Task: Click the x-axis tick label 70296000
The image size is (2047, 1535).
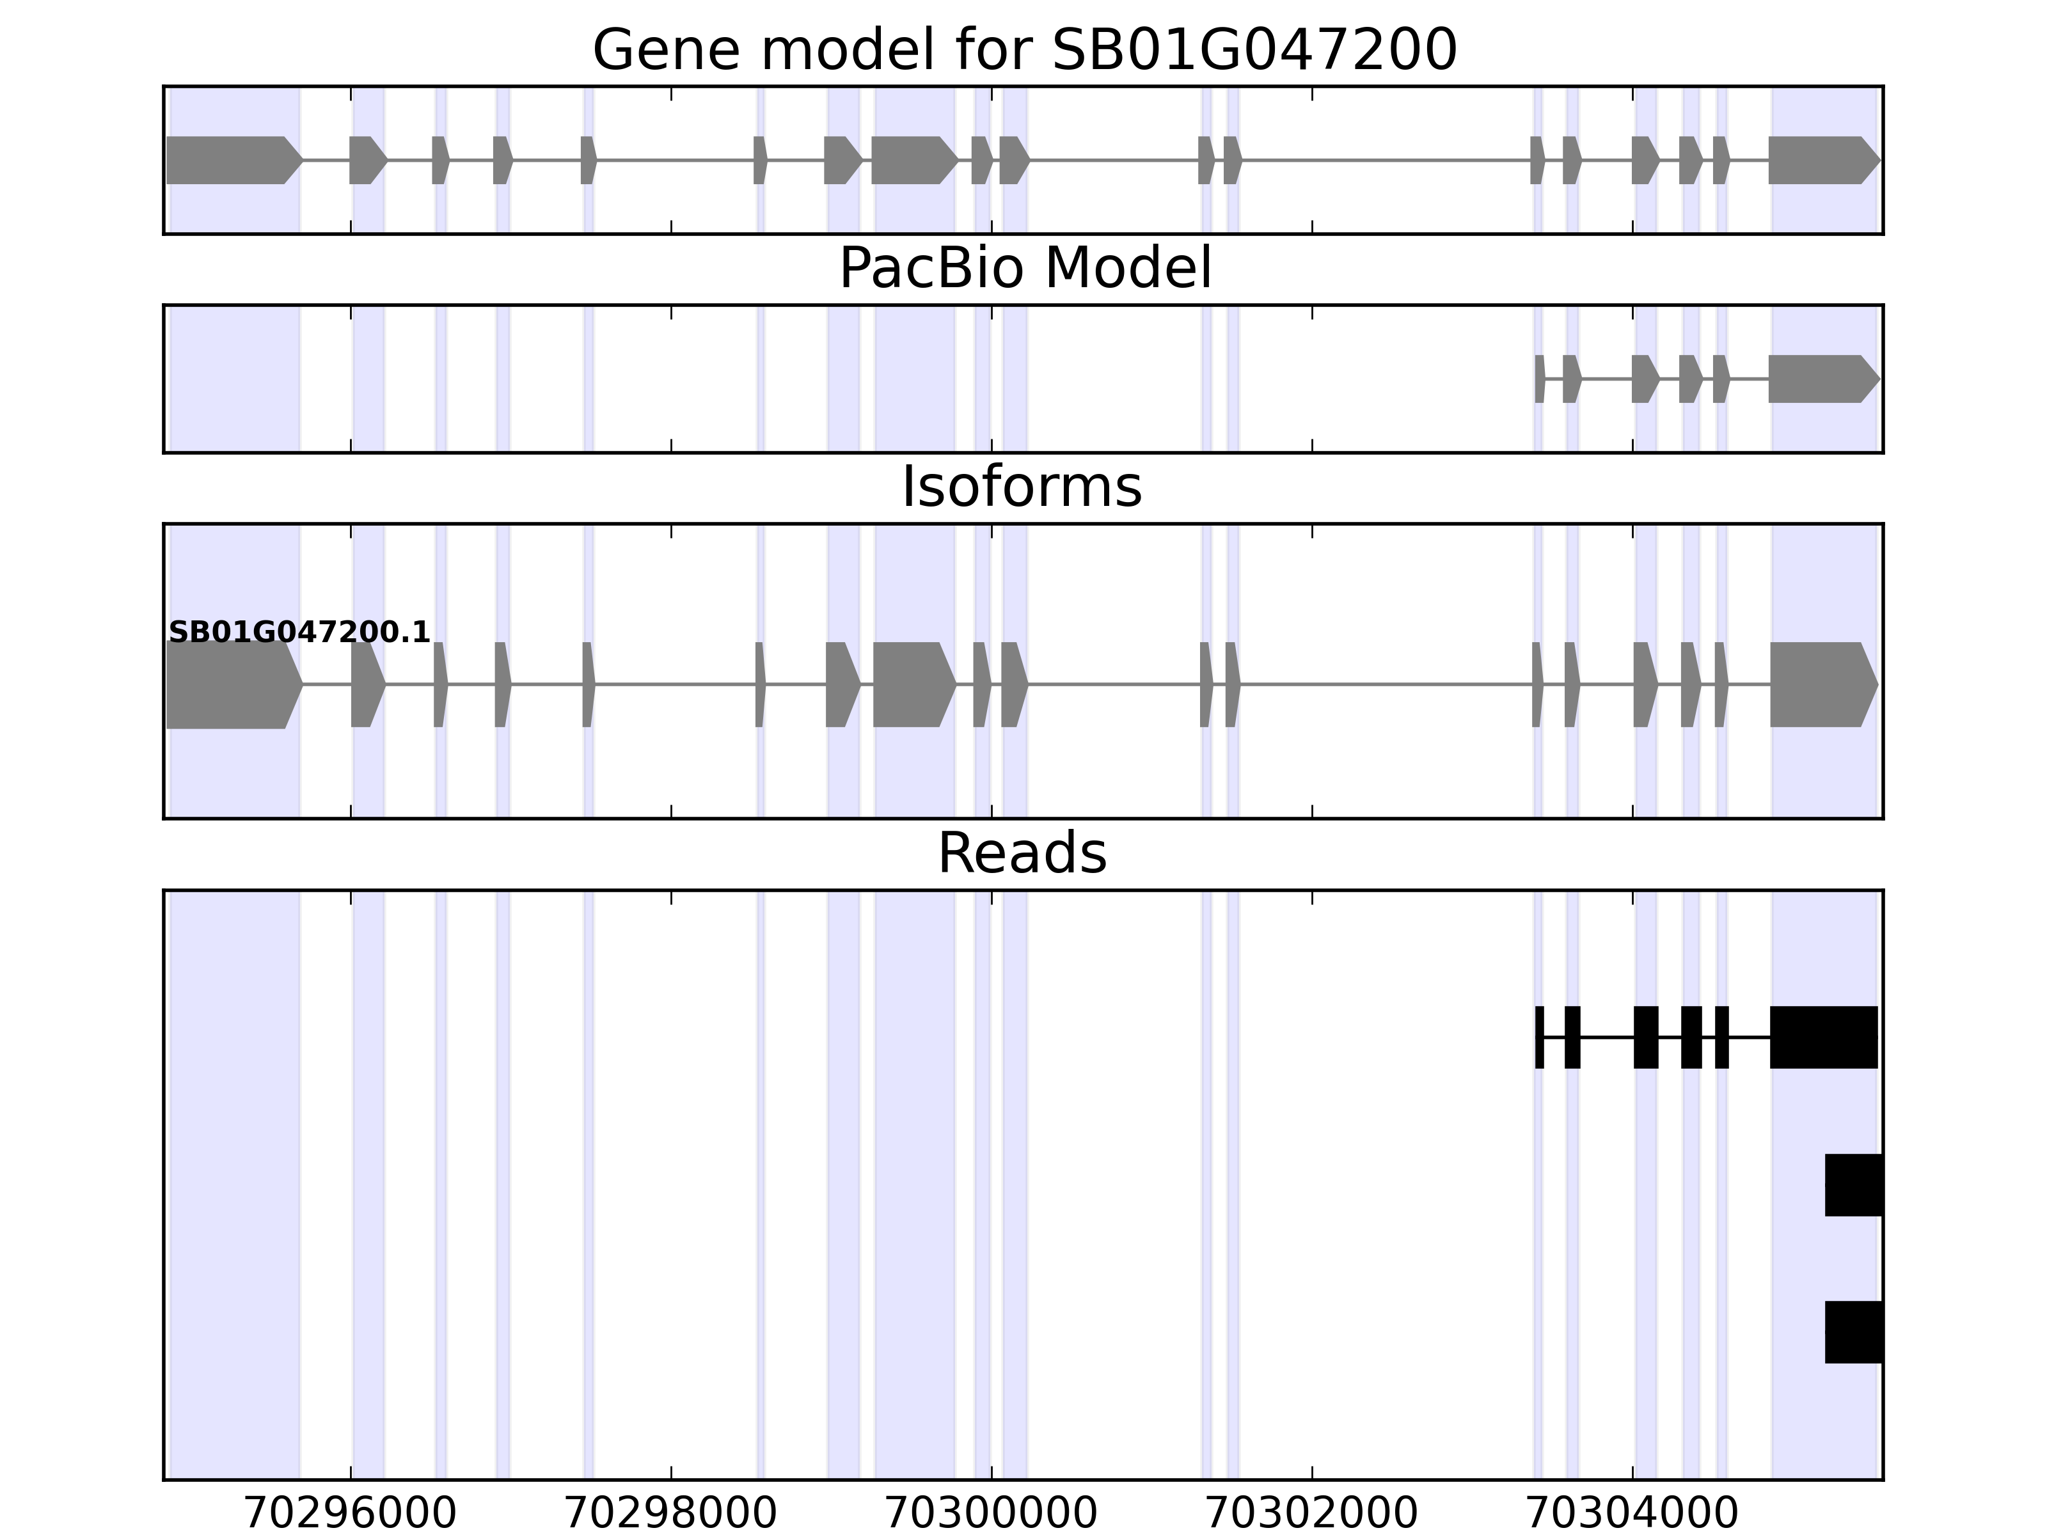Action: (350, 1515)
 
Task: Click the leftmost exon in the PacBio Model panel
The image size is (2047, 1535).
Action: (1539, 379)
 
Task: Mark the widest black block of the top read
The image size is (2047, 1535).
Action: (1823, 1037)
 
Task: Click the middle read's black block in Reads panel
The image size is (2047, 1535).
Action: (1853, 1185)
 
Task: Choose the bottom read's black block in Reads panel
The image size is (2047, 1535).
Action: (1853, 1332)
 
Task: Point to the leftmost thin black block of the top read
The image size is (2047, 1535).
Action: (1539, 1037)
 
